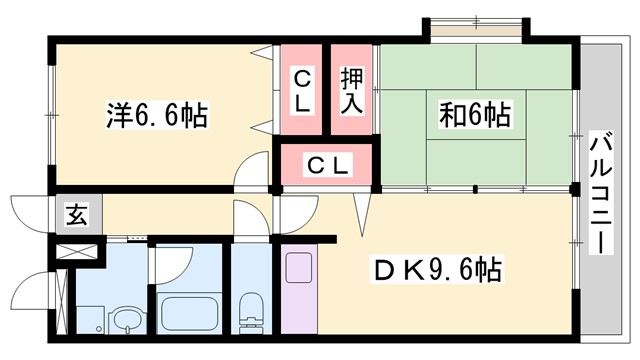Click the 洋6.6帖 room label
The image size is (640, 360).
click(157, 116)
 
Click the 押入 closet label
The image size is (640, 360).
click(352, 88)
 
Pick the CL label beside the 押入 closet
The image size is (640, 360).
click(302, 89)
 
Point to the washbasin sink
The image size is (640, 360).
click(125, 321)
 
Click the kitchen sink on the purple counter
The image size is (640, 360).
click(299, 269)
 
